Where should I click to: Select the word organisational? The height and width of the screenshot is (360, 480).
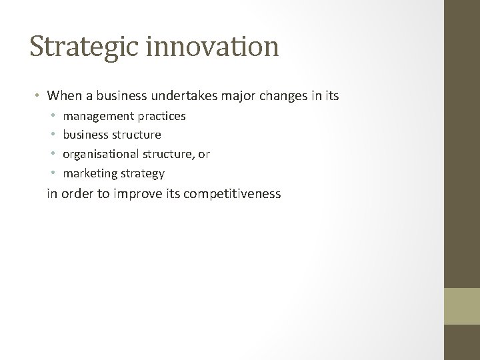[x=99, y=154]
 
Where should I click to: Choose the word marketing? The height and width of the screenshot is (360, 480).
[x=89, y=173]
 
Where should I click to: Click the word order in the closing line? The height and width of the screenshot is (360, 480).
[x=73, y=195]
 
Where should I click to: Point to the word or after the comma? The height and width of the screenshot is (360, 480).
[x=204, y=154]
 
